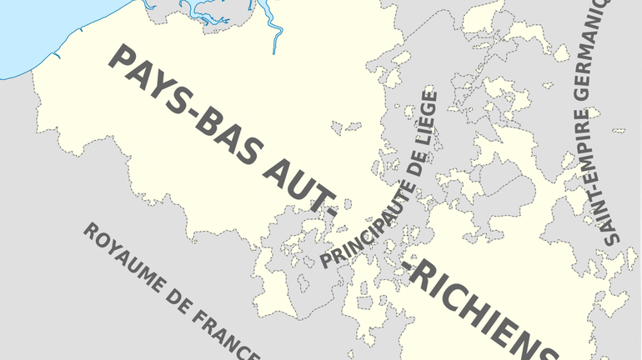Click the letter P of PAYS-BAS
pyautogui.click(x=121, y=60)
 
